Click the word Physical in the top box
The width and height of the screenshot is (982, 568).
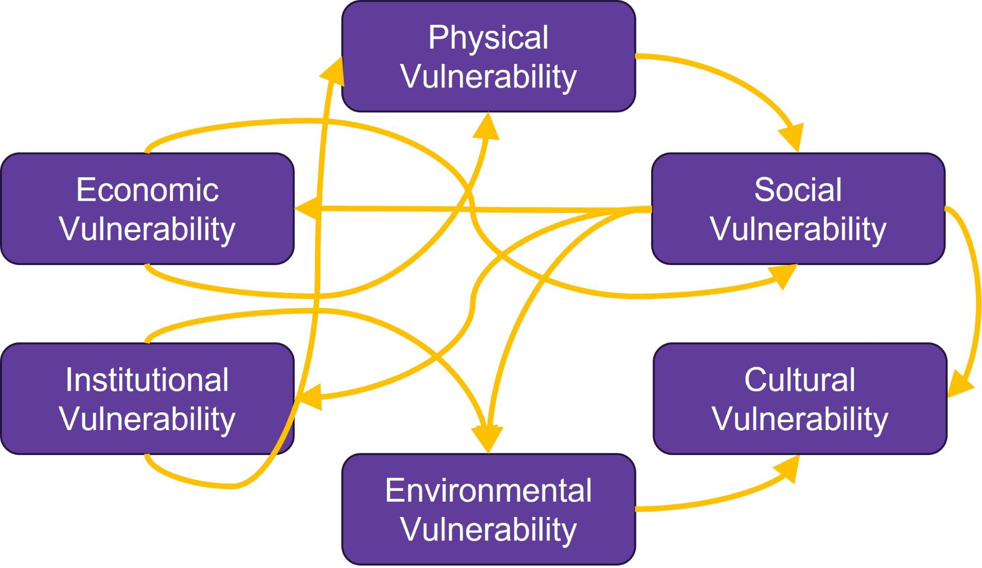coord(488,38)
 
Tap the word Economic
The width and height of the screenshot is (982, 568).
coord(147,190)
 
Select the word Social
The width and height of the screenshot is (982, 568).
coord(798,190)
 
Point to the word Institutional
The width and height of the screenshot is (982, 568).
coord(147,380)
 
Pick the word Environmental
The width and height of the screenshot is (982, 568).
coord(488,490)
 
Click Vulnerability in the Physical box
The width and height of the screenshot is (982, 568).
coord(488,77)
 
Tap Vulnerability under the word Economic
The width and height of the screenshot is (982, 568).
coord(147,229)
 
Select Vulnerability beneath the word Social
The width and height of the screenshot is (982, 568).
coord(798,229)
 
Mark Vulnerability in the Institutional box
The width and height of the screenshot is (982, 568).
coord(147,419)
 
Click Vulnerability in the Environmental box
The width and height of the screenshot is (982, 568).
coord(488,530)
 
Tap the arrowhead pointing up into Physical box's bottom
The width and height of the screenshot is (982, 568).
coord(487,127)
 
